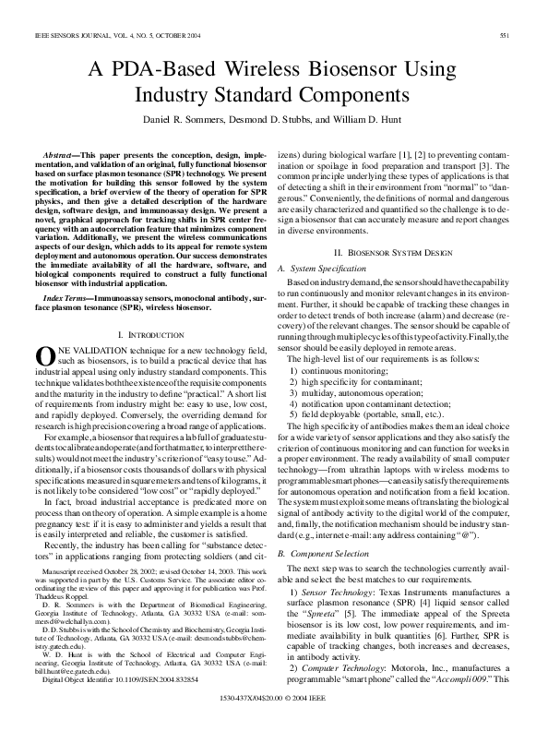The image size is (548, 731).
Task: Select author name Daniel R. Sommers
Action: click(x=188, y=121)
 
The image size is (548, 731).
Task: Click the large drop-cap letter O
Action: click(x=43, y=356)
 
